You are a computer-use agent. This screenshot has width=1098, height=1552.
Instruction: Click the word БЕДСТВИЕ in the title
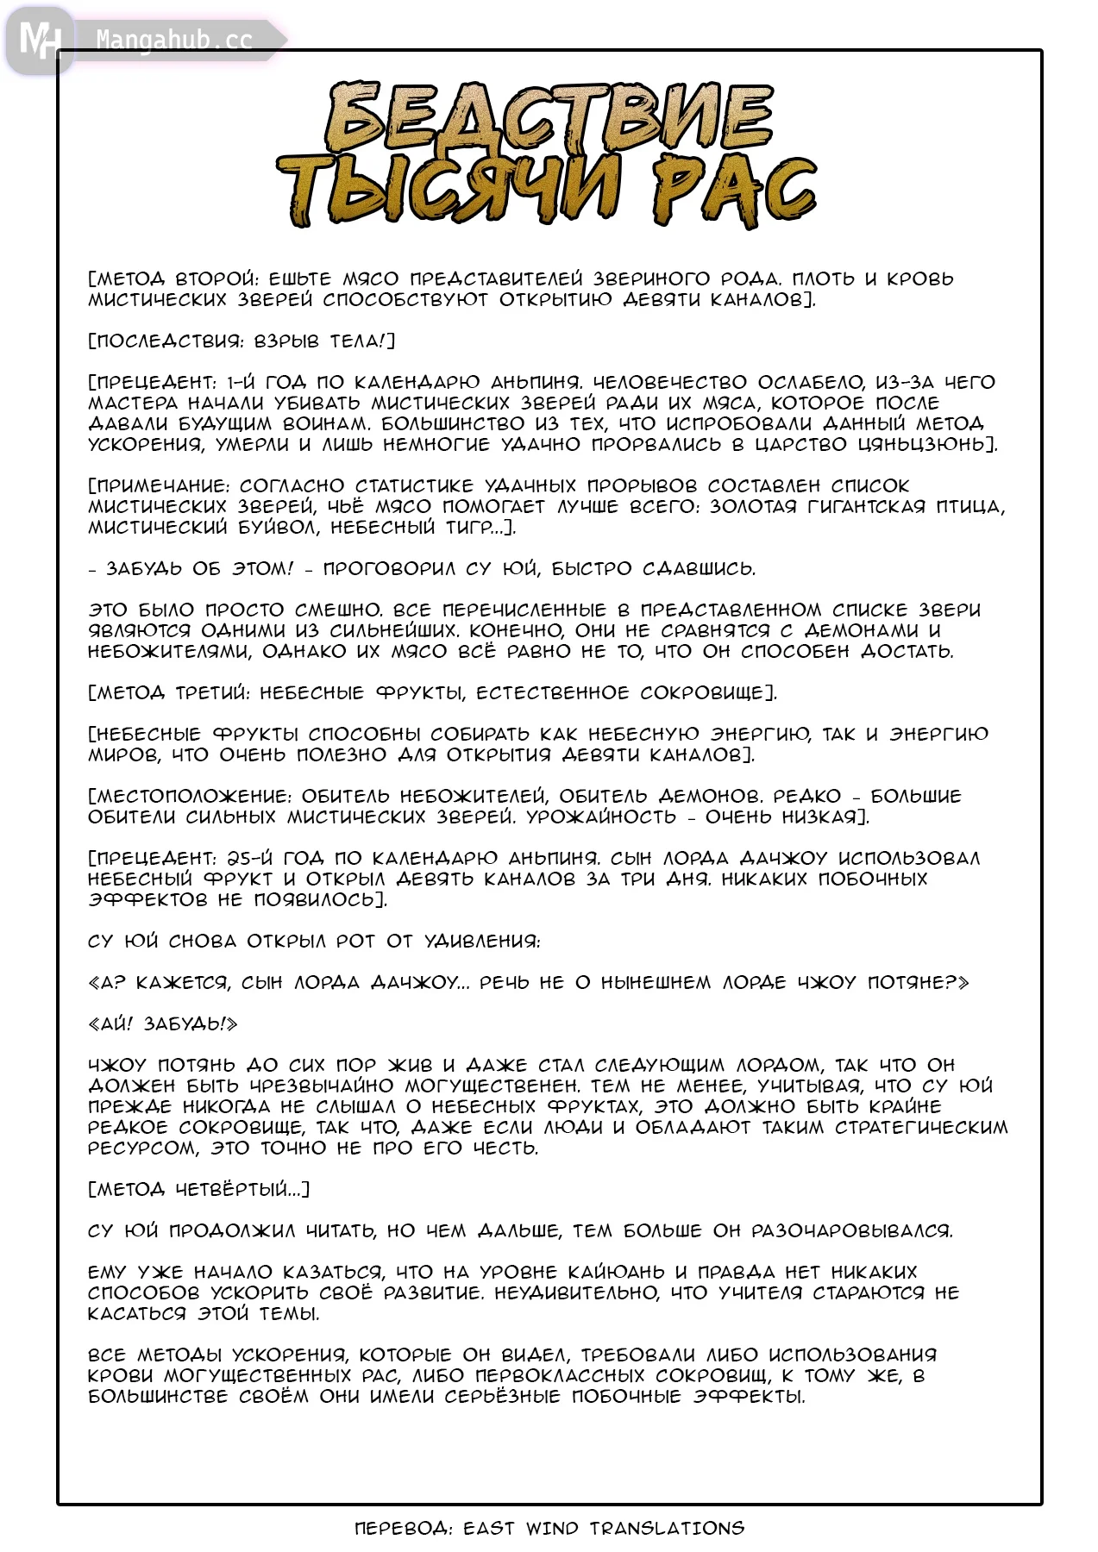click(x=549, y=116)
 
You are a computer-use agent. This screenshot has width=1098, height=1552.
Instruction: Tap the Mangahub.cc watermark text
click(x=173, y=40)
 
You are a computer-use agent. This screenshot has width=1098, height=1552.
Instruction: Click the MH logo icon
click(x=39, y=40)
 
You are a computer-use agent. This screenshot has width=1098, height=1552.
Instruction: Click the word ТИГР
click(x=469, y=527)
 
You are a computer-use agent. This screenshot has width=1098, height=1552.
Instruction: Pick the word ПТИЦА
click(x=969, y=506)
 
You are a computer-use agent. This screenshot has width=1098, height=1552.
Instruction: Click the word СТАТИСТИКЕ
click(x=415, y=485)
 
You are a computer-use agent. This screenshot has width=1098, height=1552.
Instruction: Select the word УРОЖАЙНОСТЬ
click(x=601, y=817)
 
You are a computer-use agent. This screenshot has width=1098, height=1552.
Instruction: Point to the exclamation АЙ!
click(x=112, y=1023)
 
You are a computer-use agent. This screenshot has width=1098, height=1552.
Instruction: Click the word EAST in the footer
click(x=489, y=1528)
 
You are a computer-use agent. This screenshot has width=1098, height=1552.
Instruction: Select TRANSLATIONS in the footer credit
click(x=667, y=1528)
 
